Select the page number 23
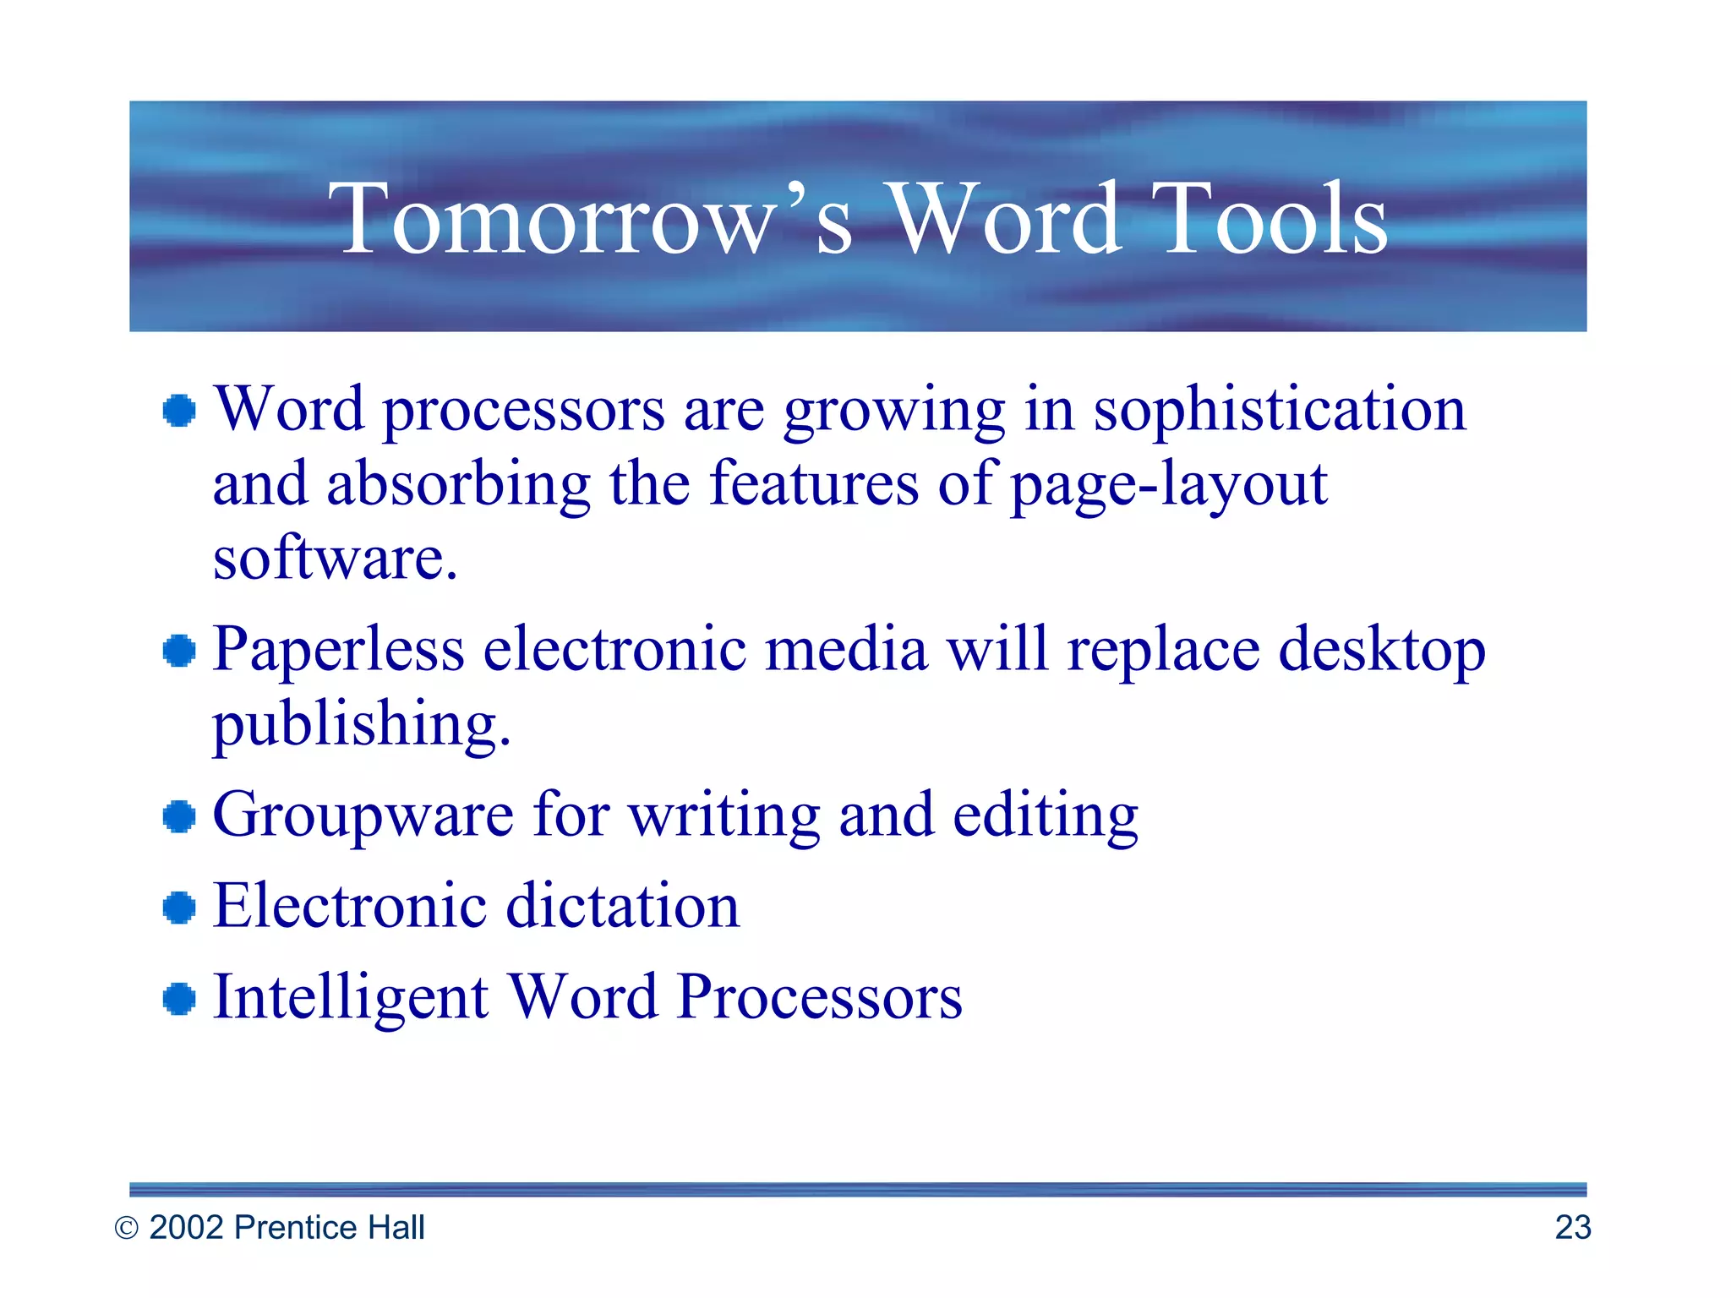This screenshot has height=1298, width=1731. click(x=1572, y=1227)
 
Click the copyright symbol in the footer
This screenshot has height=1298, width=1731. click(x=126, y=1228)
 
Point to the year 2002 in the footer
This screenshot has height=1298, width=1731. click(x=187, y=1227)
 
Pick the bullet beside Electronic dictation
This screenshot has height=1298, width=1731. click(x=179, y=908)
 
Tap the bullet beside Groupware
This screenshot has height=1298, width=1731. click(x=179, y=817)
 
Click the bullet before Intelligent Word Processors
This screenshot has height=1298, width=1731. click(x=179, y=999)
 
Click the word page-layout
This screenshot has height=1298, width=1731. click(x=1168, y=486)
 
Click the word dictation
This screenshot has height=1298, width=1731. click(x=622, y=907)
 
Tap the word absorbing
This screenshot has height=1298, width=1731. click(x=458, y=486)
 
